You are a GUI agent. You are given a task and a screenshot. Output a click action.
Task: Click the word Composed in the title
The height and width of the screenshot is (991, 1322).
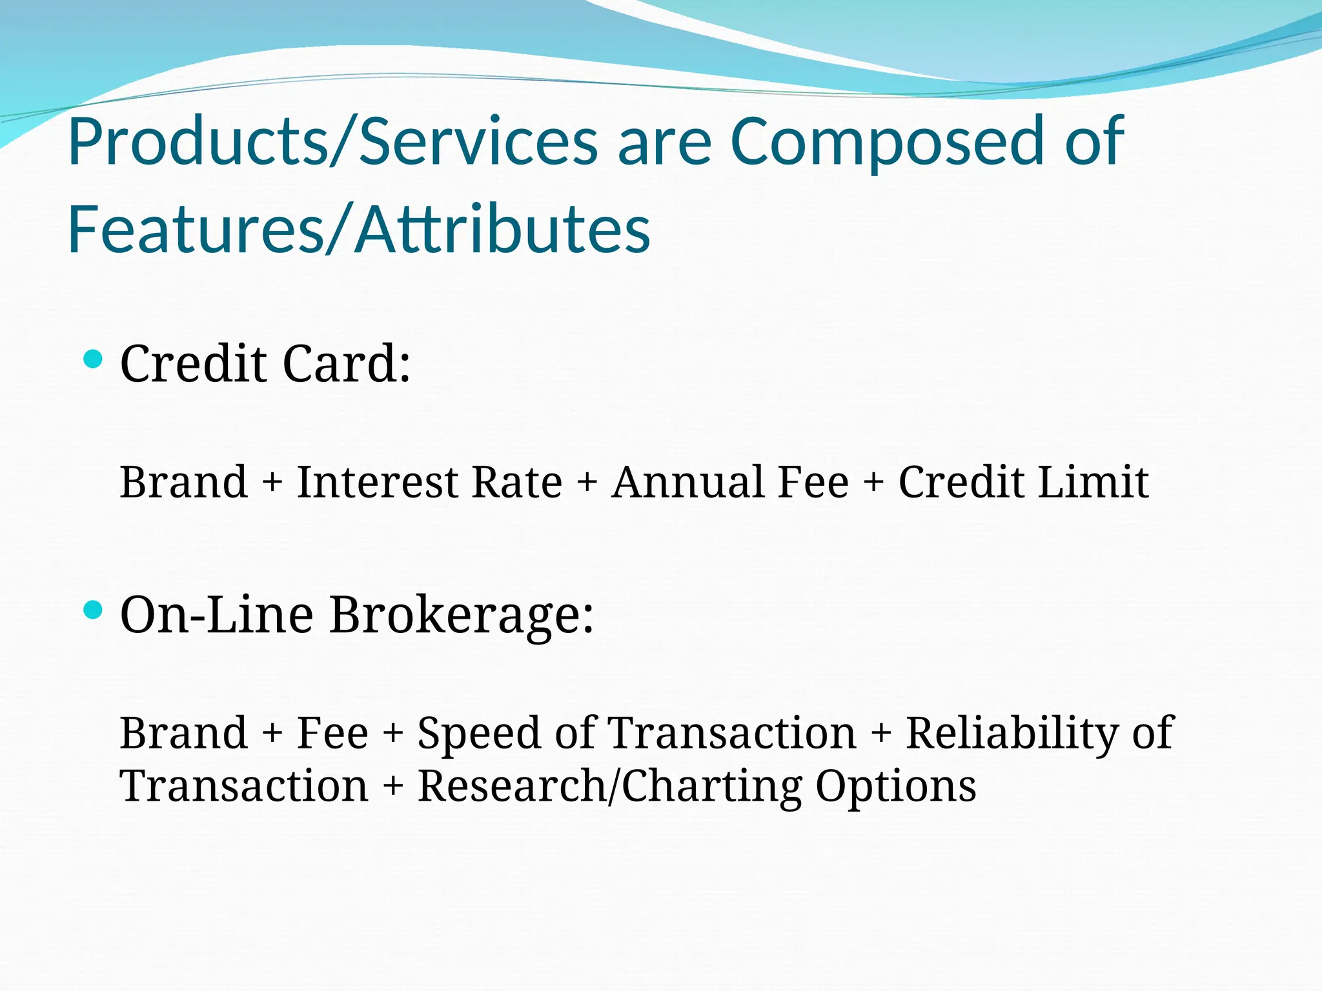(887, 141)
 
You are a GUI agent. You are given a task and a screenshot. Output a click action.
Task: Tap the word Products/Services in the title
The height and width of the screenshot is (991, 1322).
(333, 141)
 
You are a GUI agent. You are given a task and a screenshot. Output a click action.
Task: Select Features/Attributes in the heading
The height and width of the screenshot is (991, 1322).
(359, 229)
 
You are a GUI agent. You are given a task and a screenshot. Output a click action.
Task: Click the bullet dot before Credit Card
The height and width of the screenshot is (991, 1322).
(94, 359)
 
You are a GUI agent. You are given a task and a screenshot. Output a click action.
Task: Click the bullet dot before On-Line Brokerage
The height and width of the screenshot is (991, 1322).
(94, 609)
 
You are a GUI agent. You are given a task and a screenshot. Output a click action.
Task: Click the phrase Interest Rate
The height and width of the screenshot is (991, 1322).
(429, 482)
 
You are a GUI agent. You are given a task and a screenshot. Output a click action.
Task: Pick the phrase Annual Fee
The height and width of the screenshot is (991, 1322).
(730, 482)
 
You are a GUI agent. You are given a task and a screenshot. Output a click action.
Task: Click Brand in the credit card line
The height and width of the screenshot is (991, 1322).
(184, 482)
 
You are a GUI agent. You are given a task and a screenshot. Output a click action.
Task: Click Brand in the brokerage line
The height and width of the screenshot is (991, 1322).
(184, 733)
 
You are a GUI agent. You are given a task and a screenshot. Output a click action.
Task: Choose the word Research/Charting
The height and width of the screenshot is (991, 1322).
(609, 787)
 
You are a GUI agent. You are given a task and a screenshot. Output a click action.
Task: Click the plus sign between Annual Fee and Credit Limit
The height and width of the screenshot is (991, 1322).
(873, 483)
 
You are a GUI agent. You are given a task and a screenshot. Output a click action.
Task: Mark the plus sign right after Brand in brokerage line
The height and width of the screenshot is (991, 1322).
(272, 734)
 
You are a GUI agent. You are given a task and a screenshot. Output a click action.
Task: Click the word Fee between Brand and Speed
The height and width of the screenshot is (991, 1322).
(332, 733)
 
